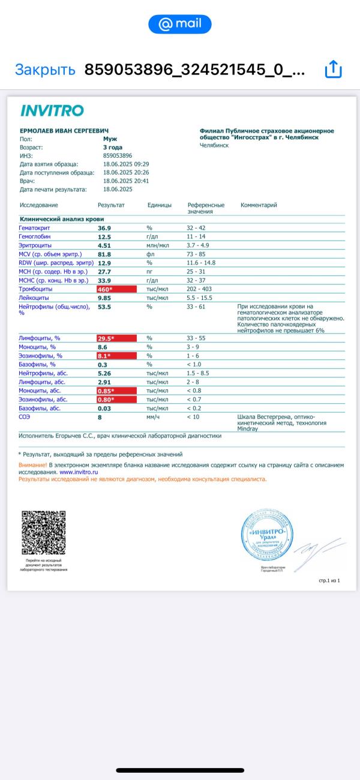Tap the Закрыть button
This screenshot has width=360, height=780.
pyautogui.click(x=45, y=70)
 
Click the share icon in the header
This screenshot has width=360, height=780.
pyautogui.click(x=332, y=70)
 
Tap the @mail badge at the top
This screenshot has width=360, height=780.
pyautogui.click(x=180, y=24)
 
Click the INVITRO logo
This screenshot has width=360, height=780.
pyautogui.click(x=52, y=110)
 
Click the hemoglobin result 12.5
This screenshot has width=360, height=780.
pyautogui.click(x=104, y=237)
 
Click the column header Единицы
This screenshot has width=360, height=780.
pyautogui.click(x=159, y=205)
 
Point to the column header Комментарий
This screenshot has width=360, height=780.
pyautogui.click(x=259, y=205)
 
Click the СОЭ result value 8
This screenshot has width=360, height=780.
pyautogui.click(x=100, y=417)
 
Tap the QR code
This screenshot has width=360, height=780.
pyautogui.click(x=44, y=532)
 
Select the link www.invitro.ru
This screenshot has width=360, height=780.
pyautogui.click(x=79, y=472)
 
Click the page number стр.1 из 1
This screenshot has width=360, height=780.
pyautogui.click(x=329, y=581)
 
